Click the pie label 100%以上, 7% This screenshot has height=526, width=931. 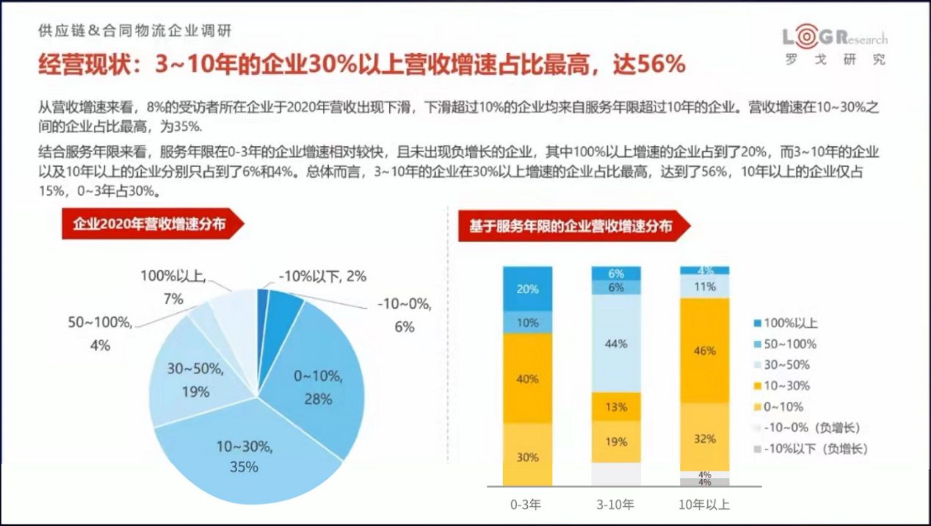coord(174,287)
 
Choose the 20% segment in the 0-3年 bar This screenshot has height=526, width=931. coord(527,289)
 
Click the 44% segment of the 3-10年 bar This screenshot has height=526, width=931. coord(617,344)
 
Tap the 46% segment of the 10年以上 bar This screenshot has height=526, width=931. coord(705,350)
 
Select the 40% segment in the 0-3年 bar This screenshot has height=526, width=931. coord(527,378)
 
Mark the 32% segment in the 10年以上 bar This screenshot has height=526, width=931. coord(705,438)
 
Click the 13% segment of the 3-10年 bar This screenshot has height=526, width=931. coord(617,406)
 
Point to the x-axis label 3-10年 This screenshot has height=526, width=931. coord(617,505)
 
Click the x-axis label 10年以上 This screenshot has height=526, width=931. coord(705,505)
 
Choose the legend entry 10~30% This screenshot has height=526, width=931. coord(784,386)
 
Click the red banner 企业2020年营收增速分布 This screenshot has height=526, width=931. coord(150,225)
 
